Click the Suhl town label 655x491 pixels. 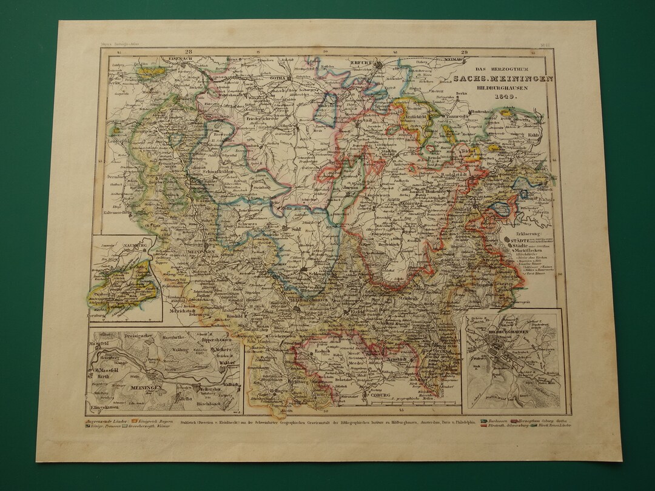297,230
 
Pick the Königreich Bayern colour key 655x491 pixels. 144,419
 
